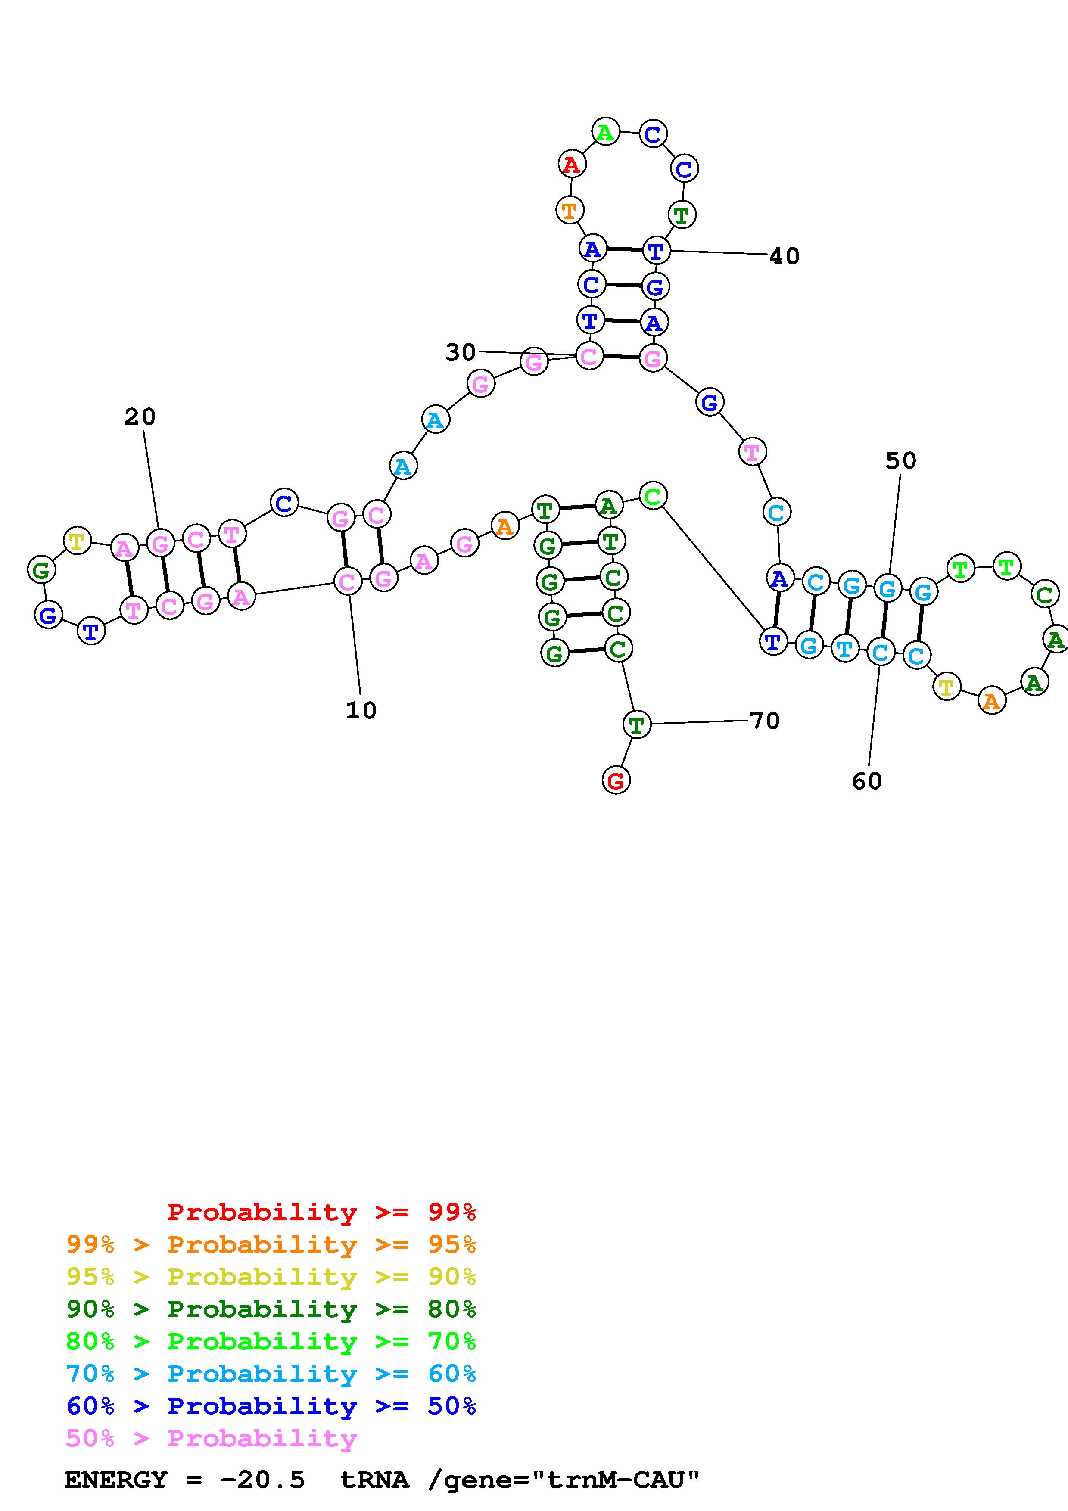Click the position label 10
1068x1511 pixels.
coord(361,710)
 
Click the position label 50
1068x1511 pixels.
coord(900,461)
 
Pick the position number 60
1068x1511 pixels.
coord(867,781)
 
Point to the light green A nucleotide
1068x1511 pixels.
coord(605,132)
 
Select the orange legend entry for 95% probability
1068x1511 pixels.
coord(271,1244)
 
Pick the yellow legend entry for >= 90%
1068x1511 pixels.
coord(271,1277)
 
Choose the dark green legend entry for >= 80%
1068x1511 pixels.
coord(271,1309)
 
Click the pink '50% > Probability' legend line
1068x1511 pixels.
coord(211,1439)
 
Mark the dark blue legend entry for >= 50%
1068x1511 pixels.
coord(271,1406)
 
